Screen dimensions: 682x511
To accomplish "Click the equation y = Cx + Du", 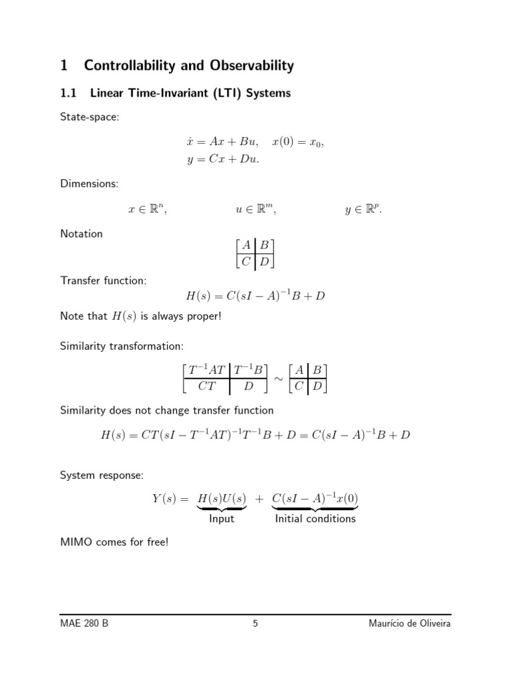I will [x=223, y=159].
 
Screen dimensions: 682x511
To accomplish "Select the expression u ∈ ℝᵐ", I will [x=255, y=210].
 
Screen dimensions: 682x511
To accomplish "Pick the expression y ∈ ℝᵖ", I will [x=363, y=210].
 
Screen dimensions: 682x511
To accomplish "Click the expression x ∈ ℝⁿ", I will [x=147, y=210].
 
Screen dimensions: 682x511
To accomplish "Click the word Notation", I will [x=81, y=234].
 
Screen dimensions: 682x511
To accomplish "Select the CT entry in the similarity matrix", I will [x=207, y=386].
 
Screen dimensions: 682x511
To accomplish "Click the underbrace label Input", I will [x=222, y=519].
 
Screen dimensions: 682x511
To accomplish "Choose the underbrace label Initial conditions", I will [x=315, y=519].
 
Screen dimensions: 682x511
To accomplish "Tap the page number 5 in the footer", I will [x=255, y=624].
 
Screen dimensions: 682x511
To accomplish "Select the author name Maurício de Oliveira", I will [x=409, y=624].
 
